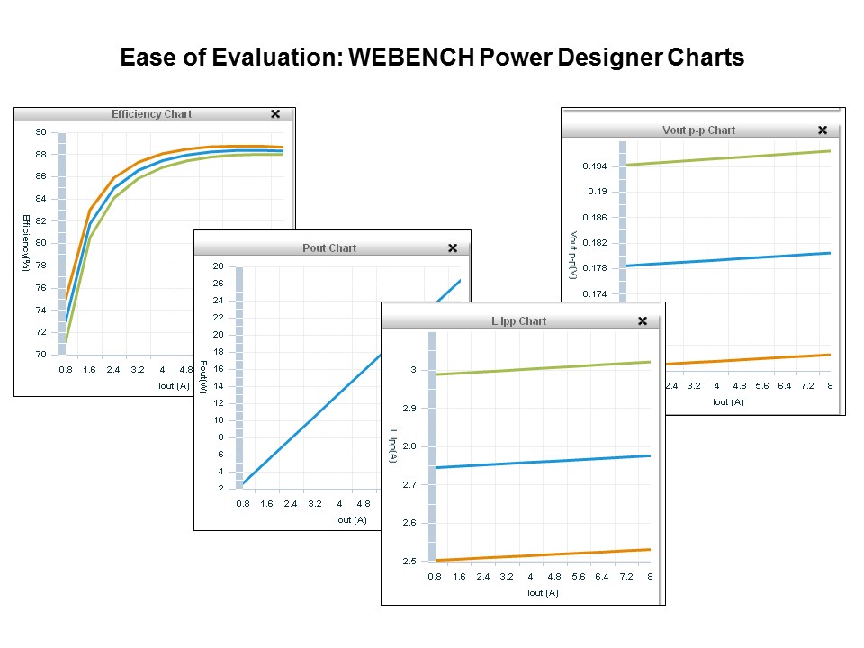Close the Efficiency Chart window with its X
275,114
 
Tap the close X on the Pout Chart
453,248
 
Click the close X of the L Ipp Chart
643,321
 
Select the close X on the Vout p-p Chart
822,130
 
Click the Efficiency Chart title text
151,114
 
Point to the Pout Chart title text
329,248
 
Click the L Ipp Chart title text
519,321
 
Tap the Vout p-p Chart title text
698,130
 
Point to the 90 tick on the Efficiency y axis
41,132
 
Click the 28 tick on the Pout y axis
218,266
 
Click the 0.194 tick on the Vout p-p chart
595,166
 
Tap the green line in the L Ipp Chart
540,368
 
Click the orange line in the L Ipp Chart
540,554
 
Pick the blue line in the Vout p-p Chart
720,259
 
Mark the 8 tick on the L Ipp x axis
649,576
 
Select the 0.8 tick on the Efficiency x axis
66,369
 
